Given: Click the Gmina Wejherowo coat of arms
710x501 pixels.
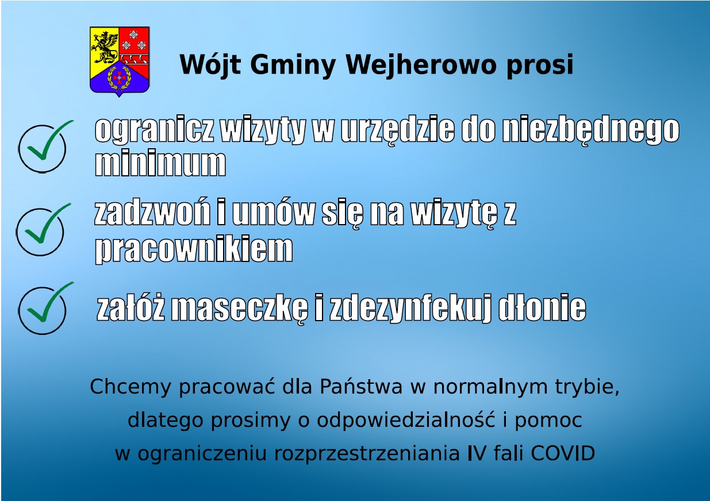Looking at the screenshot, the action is click(120, 61).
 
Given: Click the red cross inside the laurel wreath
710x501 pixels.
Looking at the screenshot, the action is click(119, 77).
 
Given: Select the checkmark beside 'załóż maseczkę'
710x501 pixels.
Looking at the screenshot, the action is click(50, 302).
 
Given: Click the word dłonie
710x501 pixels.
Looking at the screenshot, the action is click(543, 307).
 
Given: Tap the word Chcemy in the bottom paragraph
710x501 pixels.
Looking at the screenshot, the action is click(131, 387).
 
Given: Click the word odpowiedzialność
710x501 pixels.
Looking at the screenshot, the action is click(406, 420).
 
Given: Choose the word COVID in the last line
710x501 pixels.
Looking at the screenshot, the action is click(563, 453).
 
